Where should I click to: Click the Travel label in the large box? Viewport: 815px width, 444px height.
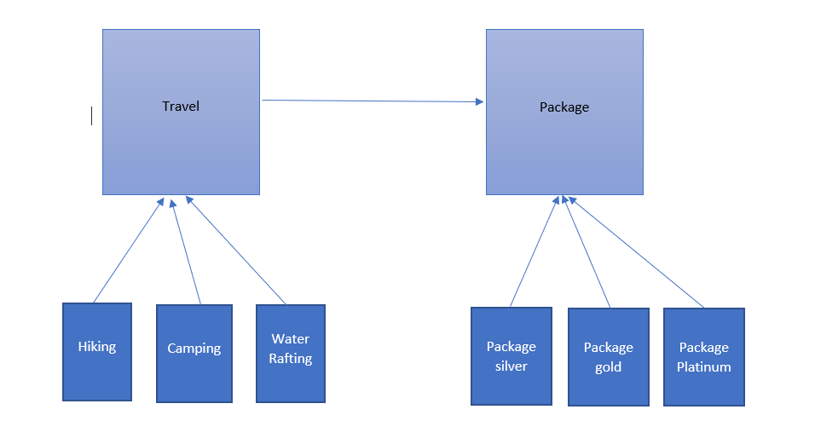coord(181,107)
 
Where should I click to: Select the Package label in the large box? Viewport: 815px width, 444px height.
coord(564,107)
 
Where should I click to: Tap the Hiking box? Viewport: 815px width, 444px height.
coord(97,351)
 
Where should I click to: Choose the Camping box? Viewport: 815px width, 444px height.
coord(194,353)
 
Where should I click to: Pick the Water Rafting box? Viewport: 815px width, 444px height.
coord(290,353)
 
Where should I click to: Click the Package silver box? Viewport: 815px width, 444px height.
coord(512,356)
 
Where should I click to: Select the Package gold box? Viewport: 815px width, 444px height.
coord(609,357)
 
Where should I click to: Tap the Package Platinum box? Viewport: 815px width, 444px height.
coord(704,357)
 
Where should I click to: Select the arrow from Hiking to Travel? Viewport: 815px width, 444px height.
coord(128,251)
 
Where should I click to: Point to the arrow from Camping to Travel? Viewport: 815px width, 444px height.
coord(186,251)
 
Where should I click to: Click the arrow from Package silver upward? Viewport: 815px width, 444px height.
coord(534,251)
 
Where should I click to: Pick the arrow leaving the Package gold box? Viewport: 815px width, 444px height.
coord(587,251)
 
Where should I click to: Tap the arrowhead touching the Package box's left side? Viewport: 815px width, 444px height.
coord(479,102)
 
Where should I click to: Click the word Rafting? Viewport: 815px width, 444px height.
coord(290,359)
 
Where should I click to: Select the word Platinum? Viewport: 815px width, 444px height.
coord(704,367)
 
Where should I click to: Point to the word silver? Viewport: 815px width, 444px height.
coord(512,366)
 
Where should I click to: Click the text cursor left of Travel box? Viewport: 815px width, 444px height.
coord(91,116)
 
